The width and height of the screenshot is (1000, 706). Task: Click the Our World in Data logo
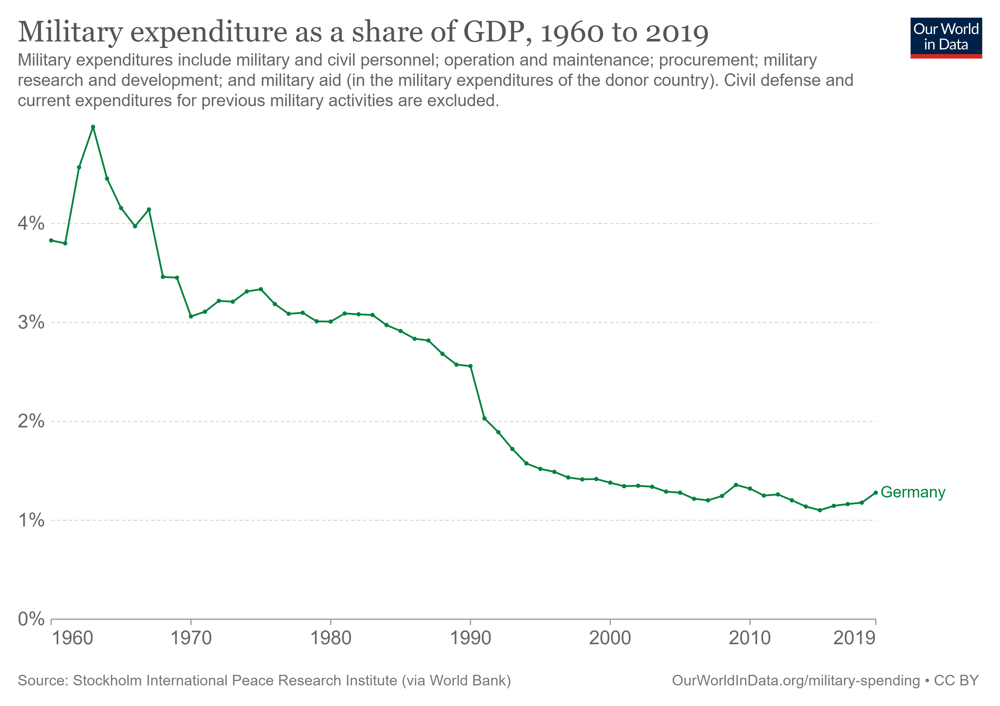pos(946,37)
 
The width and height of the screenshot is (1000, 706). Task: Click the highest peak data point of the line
pos(93,127)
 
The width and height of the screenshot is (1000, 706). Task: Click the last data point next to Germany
pos(875,493)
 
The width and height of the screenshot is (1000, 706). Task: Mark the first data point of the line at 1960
pos(51,240)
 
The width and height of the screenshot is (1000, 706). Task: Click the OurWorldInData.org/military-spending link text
pos(796,681)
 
